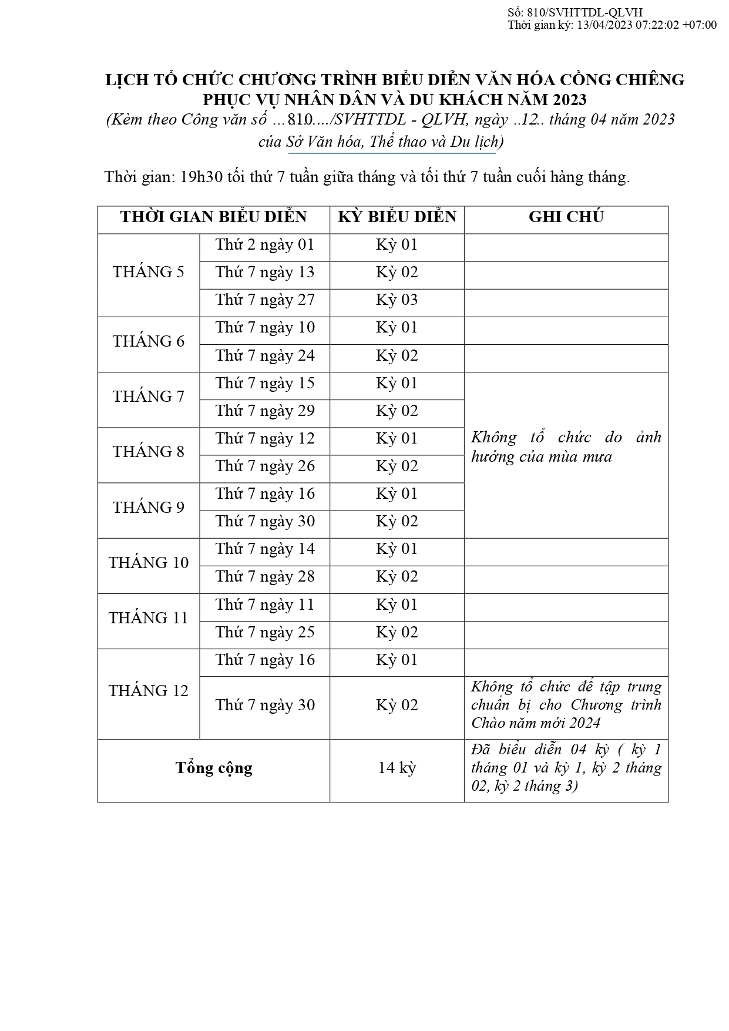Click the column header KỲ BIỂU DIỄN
397,217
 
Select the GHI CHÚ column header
566,217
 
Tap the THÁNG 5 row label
148,272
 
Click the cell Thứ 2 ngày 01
265,244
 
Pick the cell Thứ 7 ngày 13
265,272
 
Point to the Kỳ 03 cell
397,300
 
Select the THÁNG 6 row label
148,341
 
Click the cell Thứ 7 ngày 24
265,355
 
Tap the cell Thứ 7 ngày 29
265,411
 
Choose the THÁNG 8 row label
148,452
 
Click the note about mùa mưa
566,447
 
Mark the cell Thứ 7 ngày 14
265,549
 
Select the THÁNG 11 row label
148,618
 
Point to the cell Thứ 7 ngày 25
265,632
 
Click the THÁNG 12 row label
148,691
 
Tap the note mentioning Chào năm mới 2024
566,705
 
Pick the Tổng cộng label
214,768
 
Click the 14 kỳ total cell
397,768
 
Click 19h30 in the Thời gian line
201,177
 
